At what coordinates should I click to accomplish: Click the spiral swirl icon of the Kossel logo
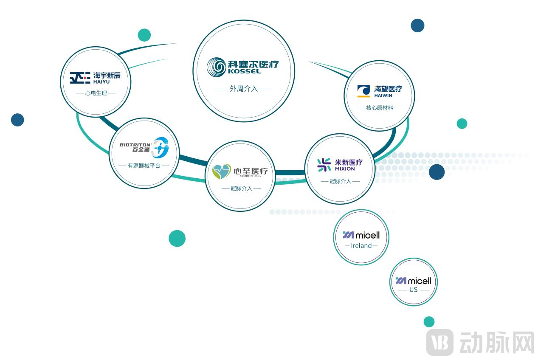tap(217, 67)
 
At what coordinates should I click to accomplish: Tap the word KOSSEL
tap(244, 71)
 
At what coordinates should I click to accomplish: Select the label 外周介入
tap(244, 89)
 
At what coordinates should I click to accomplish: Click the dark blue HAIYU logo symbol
tap(80, 78)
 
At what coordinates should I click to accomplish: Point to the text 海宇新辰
tap(107, 76)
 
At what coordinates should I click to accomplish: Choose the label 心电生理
tap(96, 93)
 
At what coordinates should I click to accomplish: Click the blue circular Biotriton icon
tap(161, 147)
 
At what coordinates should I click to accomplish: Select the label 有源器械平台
tap(144, 166)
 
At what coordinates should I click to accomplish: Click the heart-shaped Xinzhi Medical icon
tap(222, 172)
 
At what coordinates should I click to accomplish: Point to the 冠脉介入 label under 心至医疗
tap(241, 188)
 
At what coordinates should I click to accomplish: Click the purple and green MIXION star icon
tap(324, 165)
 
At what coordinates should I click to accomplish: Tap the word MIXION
tap(345, 169)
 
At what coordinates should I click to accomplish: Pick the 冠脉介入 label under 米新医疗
tap(340, 181)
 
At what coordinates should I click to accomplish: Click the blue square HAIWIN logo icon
tap(363, 91)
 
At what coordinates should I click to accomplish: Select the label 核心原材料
tap(380, 108)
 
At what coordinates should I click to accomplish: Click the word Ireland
tap(361, 245)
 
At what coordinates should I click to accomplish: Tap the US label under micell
tap(413, 290)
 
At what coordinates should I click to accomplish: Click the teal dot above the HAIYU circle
tap(144, 35)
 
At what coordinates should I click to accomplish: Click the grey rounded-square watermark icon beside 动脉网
tap(440, 342)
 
